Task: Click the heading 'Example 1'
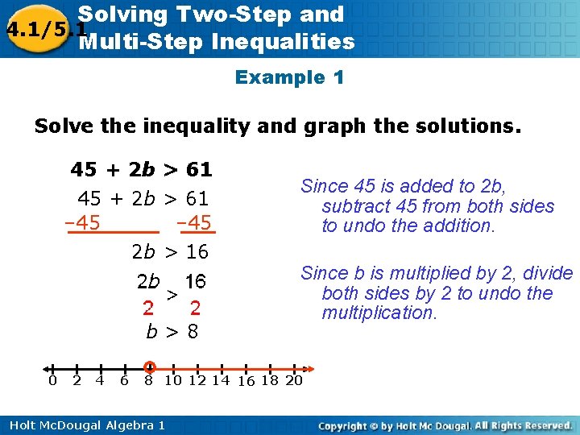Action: click(x=289, y=78)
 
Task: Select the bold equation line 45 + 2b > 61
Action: click(x=141, y=170)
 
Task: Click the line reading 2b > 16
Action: click(x=170, y=252)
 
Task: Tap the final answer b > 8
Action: click(x=172, y=331)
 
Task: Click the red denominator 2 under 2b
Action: click(x=147, y=308)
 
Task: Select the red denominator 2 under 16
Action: click(x=196, y=308)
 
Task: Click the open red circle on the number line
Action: click(x=149, y=367)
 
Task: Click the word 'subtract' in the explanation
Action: click(x=354, y=206)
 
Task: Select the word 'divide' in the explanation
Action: click(x=547, y=274)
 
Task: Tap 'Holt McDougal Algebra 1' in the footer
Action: click(x=83, y=425)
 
